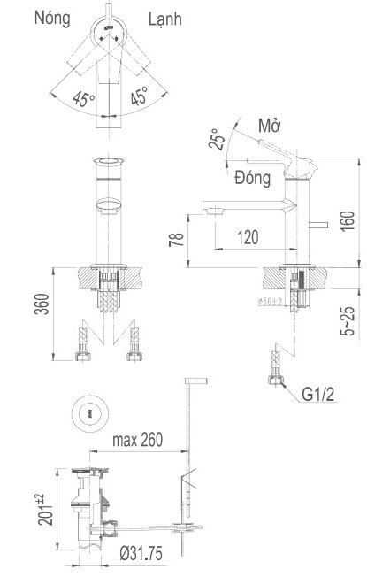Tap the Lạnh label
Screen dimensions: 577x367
click(x=160, y=19)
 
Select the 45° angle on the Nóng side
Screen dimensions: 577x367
click(x=84, y=98)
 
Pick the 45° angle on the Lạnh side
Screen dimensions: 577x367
click(x=141, y=96)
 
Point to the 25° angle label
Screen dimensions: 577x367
click(x=216, y=139)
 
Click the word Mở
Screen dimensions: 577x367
click(x=268, y=125)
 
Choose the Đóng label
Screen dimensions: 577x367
click(x=253, y=178)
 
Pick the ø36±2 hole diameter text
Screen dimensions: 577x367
click(x=270, y=303)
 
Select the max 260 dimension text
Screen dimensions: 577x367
click(x=140, y=440)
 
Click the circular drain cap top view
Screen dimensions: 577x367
click(x=89, y=412)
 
